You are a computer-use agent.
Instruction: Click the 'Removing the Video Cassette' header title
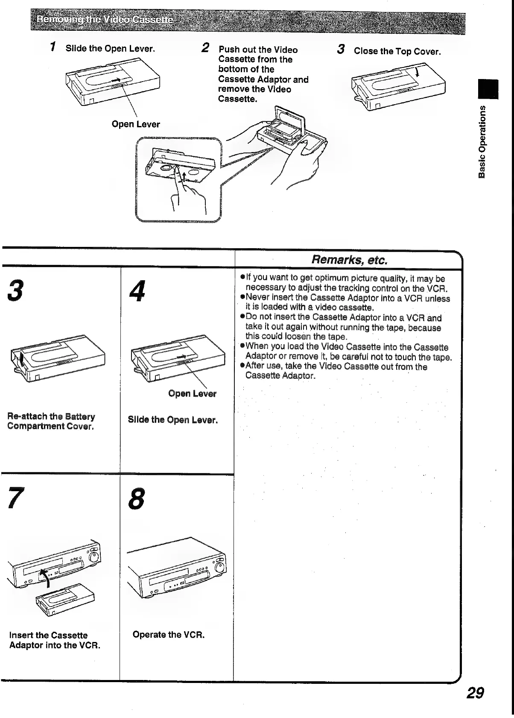click(105, 21)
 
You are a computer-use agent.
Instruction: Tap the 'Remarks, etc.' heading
click(349, 260)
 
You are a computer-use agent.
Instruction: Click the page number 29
click(475, 692)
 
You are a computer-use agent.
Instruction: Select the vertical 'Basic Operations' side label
click(482, 141)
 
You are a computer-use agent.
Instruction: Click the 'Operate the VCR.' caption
click(169, 635)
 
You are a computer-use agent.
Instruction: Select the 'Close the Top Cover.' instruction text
click(397, 52)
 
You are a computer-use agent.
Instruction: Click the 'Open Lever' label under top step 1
click(135, 124)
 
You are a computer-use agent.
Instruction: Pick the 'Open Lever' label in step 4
click(192, 393)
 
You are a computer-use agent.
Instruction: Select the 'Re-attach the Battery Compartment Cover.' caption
click(51, 421)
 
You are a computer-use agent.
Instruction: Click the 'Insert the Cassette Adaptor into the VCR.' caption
click(55, 640)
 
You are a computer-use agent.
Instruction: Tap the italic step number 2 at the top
click(205, 48)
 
